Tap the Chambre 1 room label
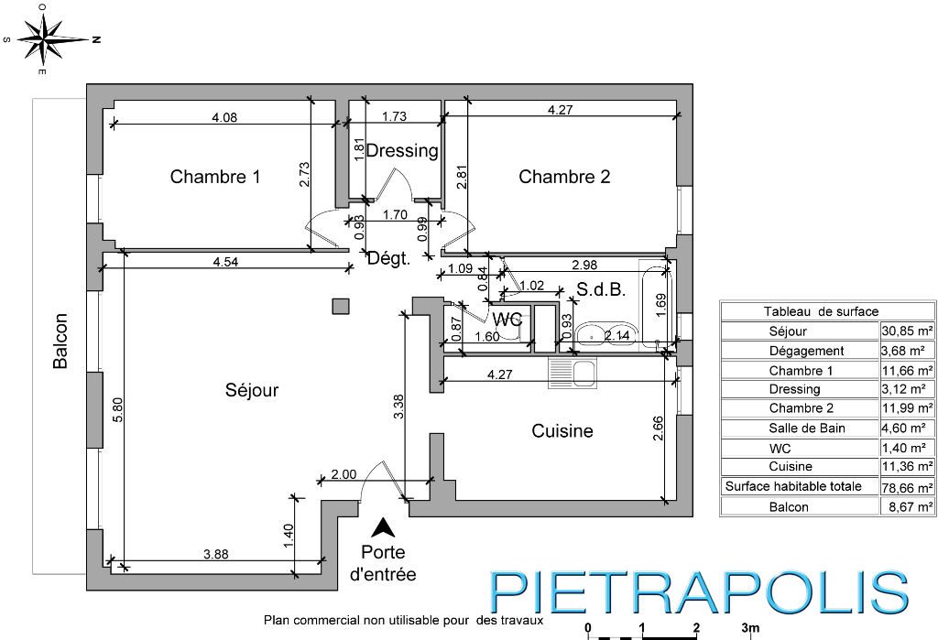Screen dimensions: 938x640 point(214,177)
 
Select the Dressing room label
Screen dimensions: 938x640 point(402,151)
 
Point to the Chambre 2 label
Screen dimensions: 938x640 point(564,177)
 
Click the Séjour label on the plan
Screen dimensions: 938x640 point(252,391)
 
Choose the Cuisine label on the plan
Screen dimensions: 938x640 point(562,430)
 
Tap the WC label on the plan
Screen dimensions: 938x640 point(507,320)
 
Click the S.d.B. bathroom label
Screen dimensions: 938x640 point(601,290)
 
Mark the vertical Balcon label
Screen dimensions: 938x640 point(60,341)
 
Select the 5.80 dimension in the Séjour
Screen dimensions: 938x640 point(118,410)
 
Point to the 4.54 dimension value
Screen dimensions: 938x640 point(225,261)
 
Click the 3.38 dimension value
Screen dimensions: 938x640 point(399,407)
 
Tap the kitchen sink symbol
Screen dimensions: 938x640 point(573,374)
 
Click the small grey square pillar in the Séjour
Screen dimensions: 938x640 point(342,306)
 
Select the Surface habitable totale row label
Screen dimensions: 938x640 point(793,486)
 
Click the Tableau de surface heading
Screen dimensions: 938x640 point(821,311)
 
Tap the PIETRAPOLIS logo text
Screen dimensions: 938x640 point(699,592)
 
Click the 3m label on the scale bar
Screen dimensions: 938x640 point(750,628)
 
